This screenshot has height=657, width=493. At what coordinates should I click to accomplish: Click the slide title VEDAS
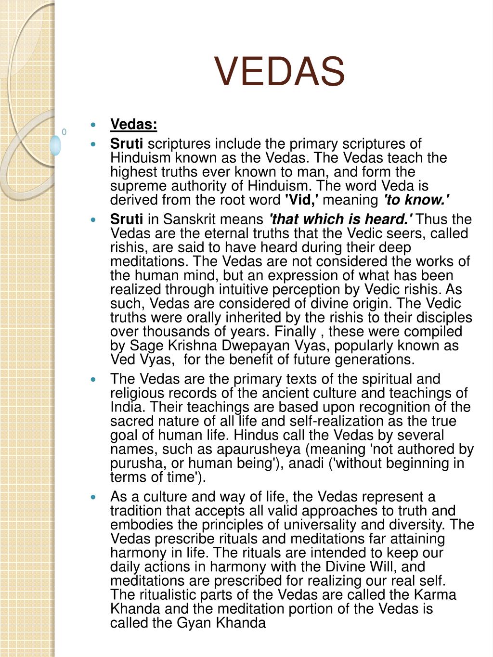tap(280, 71)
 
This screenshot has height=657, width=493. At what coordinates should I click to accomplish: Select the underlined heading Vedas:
tap(134, 124)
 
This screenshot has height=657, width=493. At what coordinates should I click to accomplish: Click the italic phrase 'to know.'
tap(416, 200)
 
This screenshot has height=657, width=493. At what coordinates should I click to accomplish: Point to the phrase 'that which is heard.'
tap(340, 219)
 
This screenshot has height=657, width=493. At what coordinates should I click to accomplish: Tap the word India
tap(126, 407)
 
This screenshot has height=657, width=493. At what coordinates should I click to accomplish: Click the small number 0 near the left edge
tap(64, 132)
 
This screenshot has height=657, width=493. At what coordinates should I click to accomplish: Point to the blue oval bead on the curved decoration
tap(56, 145)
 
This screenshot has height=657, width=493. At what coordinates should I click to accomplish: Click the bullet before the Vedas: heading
tap(93, 125)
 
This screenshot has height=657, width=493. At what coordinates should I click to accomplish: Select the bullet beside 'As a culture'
tap(93, 497)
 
